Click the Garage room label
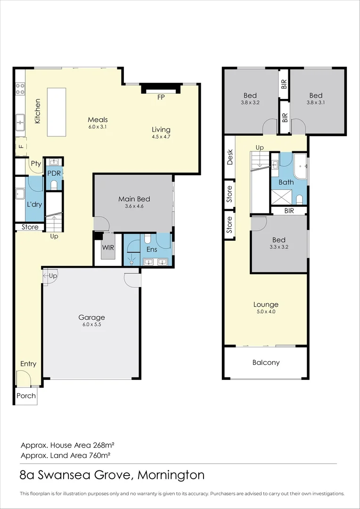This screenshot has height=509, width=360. pyautogui.click(x=91, y=317)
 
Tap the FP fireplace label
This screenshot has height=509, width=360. pyautogui.click(x=161, y=98)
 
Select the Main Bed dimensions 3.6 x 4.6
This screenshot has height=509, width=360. pyautogui.click(x=134, y=206)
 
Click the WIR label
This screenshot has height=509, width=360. pyautogui.click(x=109, y=246)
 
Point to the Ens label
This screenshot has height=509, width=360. pyautogui.click(x=151, y=249)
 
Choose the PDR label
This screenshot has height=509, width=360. pyautogui.click(x=54, y=173)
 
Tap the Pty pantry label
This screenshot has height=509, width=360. pyautogui.click(x=36, y=164)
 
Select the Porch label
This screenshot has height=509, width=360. pyautogui.click(x=26, y=395)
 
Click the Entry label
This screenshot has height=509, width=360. pyautogui.click(x=28, y=364)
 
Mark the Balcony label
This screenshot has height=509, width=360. pyautogui.click(x=266, y=362)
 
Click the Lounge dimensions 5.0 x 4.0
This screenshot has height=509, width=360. pyautogui.click(x=266, y=312)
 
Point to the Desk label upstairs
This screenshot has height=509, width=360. pyautogui.click(x=230, y=157)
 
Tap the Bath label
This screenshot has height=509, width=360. pyautogui.click(x=286, y=182)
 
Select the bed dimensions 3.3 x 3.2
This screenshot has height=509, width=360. pyautogui.click(x=278, y=246)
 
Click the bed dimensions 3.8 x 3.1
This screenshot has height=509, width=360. pyautogui.click(x=316, y=102)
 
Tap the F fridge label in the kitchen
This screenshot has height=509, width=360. pyautogui.click(x=21, y=147)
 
